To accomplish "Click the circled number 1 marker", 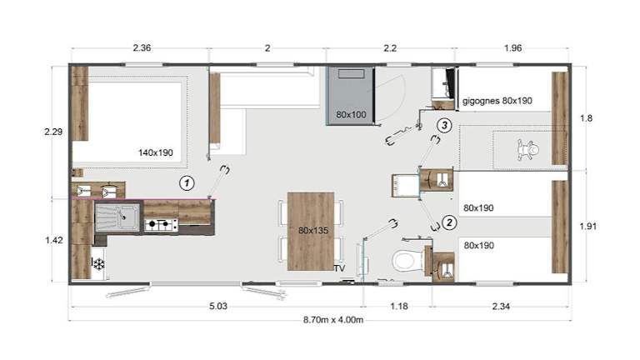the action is click(x=187, y=183).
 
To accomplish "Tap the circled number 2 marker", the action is click(x=449, y=222).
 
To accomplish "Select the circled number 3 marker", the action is click(x=444, y=125).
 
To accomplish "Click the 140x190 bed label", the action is click(x=156, y=152).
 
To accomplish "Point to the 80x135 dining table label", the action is click(x=313, y=231).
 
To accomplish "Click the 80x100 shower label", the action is click(x=351, y=115).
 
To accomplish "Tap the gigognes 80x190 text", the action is click(x=497, y=101).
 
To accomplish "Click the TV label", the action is click(x=340, y=268).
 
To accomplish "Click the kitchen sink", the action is click(x=117, y=217).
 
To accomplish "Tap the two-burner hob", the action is click(x=161, y=224).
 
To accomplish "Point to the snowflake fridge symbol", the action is click(x=98, y=264).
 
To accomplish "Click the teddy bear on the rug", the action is click(x=527, y=150).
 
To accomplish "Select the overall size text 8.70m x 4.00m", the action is click(x=333, y=320).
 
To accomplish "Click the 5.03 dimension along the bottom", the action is click(x=218, y=306).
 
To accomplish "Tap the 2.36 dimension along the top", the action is click(x=142, y=47).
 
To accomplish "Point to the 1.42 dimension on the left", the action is click(x=54, y=240).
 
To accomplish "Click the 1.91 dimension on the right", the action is click(x=588, y=226).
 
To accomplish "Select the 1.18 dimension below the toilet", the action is click(x=399, y=306).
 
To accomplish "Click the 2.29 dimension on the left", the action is click(x=53, y=132).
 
